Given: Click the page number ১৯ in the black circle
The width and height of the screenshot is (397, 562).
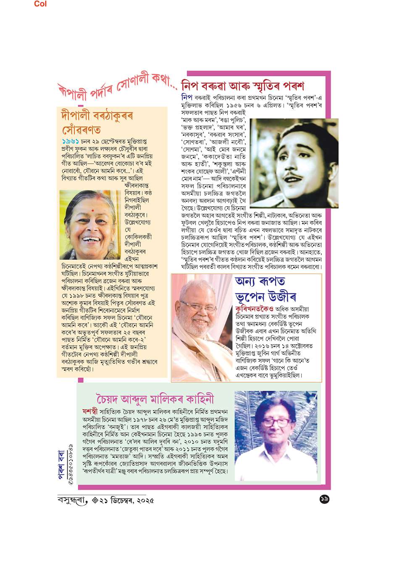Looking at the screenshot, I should coord(324,499).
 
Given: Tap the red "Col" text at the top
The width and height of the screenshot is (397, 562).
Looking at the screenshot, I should coord(40,4).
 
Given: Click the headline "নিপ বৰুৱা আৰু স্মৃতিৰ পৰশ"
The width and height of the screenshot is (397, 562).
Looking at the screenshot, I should coord(242,86).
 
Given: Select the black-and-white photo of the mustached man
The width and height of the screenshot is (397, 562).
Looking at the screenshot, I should coord(288,163).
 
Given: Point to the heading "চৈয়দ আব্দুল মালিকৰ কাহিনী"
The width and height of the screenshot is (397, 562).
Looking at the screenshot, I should coord(155,398).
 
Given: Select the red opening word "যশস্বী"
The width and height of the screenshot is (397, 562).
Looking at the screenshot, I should coord(89,412).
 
